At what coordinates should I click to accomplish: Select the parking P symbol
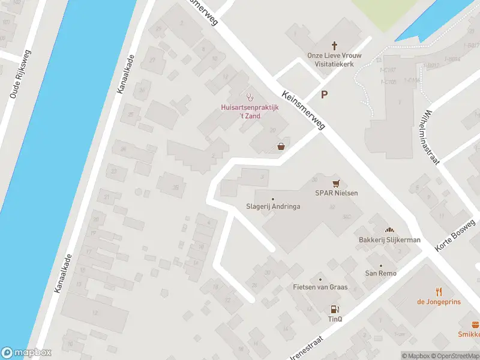tap(325, 94)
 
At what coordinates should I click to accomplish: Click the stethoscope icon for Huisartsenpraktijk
tap(250, 97)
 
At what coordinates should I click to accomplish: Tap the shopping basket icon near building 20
tap(281, 146)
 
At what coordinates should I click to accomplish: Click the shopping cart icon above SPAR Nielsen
tap(336, 183)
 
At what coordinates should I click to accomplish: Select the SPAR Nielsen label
tap(336, 193)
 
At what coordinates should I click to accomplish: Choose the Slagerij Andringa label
tap(273, 206)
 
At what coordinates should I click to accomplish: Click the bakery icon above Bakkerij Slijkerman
tap(389, 230)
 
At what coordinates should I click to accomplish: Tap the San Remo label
tap(380, 273)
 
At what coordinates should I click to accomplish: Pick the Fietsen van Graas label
tap(320, 287)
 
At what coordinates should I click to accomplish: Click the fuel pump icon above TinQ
tap(334, 310)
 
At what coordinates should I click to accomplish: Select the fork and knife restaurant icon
tap(439, 292)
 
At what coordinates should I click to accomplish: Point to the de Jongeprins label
tap(439, 302)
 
